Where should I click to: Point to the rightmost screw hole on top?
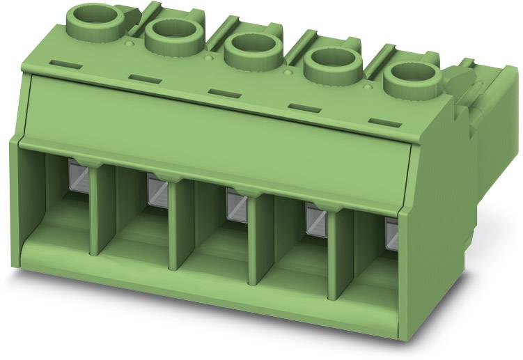411,77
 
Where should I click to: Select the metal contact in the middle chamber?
237,204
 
